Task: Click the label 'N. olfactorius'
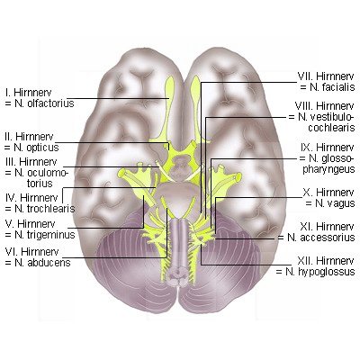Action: coord(44,103)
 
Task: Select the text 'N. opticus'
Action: coord(37,148)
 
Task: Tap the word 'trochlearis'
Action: coord(50,209)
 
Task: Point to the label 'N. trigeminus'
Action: coord(45,235)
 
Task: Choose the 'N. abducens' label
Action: coord(42,263)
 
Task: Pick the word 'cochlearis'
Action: coord(331,128)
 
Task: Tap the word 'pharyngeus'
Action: coord(328,169)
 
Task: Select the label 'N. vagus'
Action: coord(335,203)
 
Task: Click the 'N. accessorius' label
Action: coord(321,238)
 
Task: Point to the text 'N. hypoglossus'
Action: coord(320,272)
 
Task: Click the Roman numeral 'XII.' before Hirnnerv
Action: coord(305,260)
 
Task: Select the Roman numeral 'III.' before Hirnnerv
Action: coord(11,162)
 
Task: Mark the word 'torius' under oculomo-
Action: coord(40,184)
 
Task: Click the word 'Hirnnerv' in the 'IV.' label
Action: coord(39,198)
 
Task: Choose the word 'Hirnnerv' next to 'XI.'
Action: coord(335,226)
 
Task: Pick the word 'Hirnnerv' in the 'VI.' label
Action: coord(40,251)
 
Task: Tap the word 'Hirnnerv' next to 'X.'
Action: coord(335,192)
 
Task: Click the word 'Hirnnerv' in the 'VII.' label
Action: coord(335,76)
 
